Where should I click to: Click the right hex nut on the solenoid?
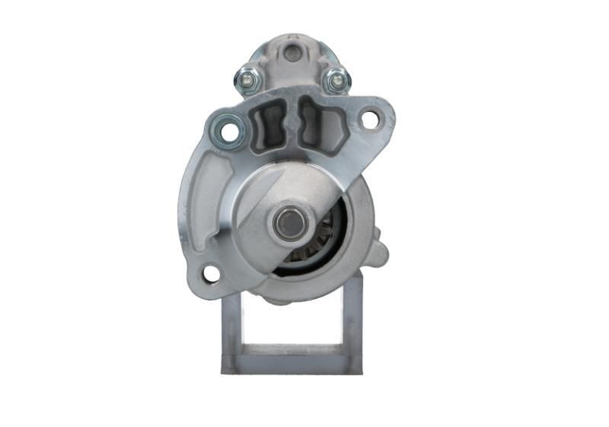click(x=336, y=79)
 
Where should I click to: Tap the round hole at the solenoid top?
click(x=292, y=53)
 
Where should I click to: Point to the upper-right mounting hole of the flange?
click(x=370, y=119)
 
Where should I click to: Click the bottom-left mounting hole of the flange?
click(x=211, y=273)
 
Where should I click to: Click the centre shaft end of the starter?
click(x=290, y=222)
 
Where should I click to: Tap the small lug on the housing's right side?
click(x=381, y=253)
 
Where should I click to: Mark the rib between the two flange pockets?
click(x=292, y=122)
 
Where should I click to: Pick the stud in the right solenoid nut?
click(x=336, y=78)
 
